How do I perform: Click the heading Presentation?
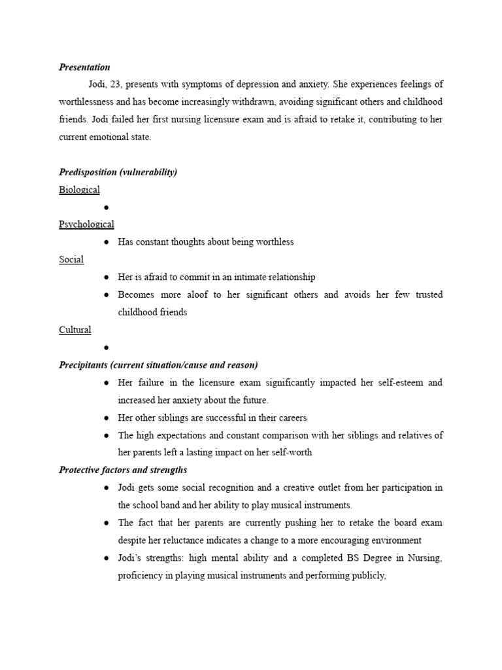(84, 67)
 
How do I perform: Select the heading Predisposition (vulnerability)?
(118, 172)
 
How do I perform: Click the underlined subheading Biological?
(79, 190)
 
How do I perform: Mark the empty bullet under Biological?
(106, 207)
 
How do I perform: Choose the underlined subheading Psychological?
(86, 224)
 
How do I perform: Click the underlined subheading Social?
(71, 260)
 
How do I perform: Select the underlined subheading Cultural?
(75, 330)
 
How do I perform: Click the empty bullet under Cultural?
(106, 348)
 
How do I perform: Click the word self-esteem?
(398, 382)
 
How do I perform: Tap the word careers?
(291, 417)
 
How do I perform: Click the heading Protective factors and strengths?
(123, 470)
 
